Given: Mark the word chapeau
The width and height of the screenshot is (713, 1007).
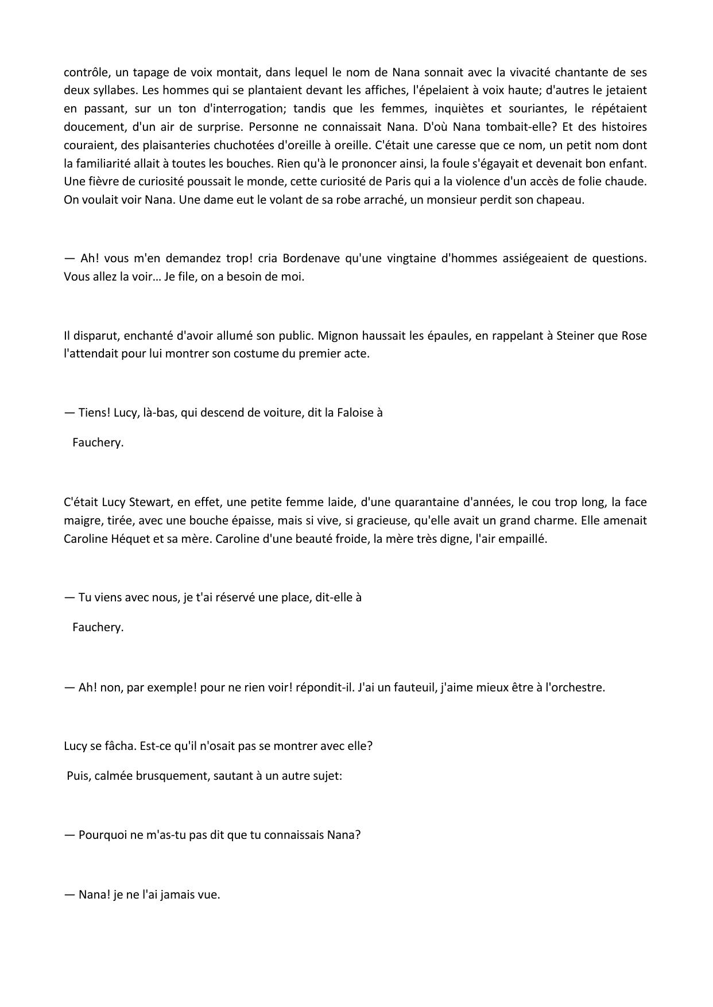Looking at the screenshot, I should coord(560,200).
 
